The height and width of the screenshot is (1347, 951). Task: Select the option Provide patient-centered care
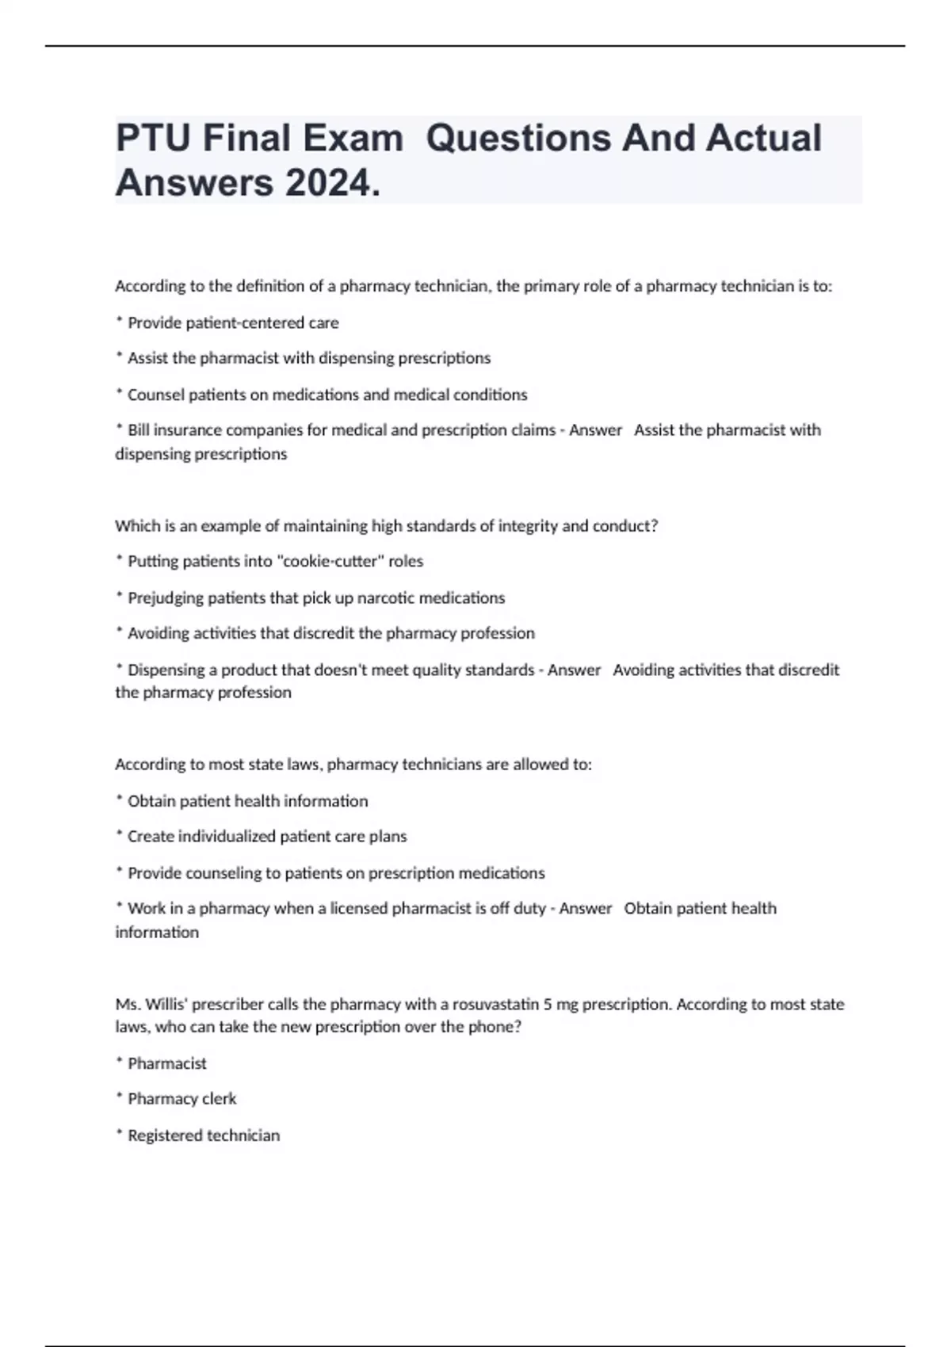pos(233,322)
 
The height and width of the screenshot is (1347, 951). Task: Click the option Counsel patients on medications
pos(327,395)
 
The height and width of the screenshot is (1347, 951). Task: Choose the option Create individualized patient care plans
pos(267,836)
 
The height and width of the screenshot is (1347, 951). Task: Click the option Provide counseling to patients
pos(336,872)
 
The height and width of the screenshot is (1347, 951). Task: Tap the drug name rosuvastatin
pos(496,1004)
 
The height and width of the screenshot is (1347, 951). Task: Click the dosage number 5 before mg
pos(548,1004)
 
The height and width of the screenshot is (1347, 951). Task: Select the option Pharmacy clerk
pos(181,1098)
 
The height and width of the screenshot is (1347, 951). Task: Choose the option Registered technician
pos(204,1135)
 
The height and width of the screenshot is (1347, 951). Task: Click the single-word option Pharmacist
pos(166,1063)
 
